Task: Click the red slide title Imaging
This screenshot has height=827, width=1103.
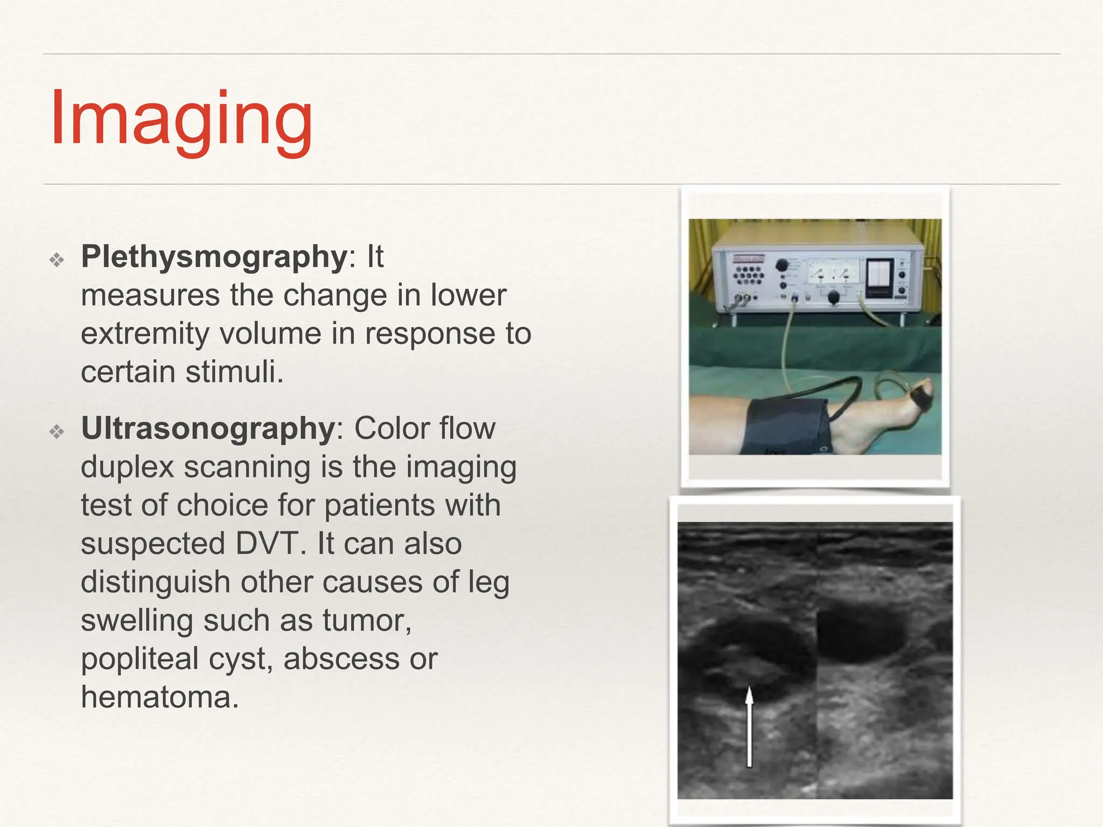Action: point(181,120)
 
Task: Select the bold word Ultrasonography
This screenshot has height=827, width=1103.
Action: point(208,429)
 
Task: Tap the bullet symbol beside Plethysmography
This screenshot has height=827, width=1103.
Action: point(57,261)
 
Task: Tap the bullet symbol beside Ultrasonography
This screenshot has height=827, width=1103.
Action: point(57,432)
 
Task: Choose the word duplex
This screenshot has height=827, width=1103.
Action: point(127,467)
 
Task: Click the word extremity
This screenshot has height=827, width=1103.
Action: point(145,334)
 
